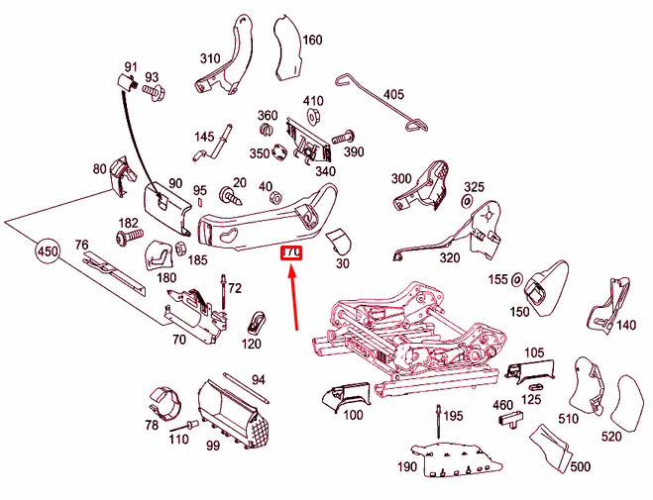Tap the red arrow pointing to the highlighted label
click(x=295, y=297)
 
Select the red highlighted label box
click(x=290, y=254)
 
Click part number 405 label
click(x=393, y=95)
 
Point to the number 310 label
click(x=210, y=58)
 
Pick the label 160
click(x=312, y=41)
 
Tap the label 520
click(x=611, y=437)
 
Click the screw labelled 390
click(x=347, y=135)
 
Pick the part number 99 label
click(x=212, y=447)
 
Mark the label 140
click(x=626, y=325)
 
